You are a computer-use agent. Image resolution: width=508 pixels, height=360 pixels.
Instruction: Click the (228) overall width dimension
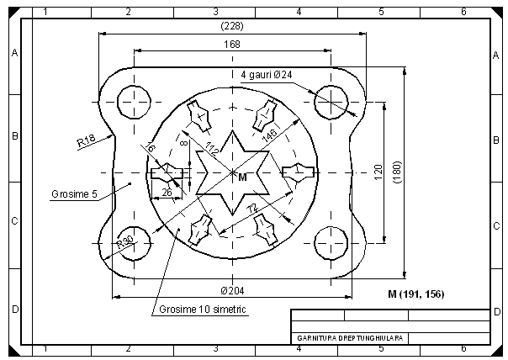pyautogui.click(x=232, y=26)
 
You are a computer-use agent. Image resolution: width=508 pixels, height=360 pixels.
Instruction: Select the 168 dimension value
pyautogui.click(x=232, y=44)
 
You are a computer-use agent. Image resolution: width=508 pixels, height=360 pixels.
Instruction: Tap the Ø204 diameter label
pyautogui.click(x=232, y=291)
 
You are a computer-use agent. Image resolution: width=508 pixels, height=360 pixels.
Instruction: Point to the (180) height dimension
pyautogui.click(x=398, y=172)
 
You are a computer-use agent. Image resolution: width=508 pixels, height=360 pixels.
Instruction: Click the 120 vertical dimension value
pyautogui.click(x=378, y=172)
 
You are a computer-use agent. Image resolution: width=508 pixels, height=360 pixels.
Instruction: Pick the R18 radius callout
pyautogui.click(x=86, y=140)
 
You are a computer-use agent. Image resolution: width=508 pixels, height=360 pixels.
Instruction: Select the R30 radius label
pyautogui.click(x=124, y=241)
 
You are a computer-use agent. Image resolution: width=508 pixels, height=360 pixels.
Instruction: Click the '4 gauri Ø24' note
pyautogui.click(x=267, y=75)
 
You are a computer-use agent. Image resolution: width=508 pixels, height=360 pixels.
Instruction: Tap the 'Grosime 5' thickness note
pyautogui.click(x=75, y=194)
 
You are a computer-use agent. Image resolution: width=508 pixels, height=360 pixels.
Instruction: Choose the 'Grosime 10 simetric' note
pyautogui.click(x=203, y=310)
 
